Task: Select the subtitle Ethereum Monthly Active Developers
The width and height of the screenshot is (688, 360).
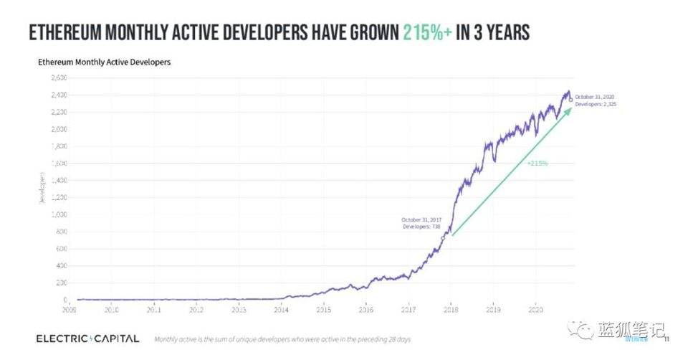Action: (104, 62)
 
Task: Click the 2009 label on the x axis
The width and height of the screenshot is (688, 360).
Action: (70, 310)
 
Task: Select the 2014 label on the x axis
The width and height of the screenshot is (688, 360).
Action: (282, 310)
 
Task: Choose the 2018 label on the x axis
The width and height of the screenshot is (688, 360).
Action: (451, 310)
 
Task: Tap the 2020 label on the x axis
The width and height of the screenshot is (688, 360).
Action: (535, 310)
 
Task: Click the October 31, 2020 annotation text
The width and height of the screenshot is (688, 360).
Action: (595, 96)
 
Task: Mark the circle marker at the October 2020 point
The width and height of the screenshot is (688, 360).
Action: (570, 100)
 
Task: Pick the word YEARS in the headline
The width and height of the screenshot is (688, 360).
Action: (499, 33)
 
